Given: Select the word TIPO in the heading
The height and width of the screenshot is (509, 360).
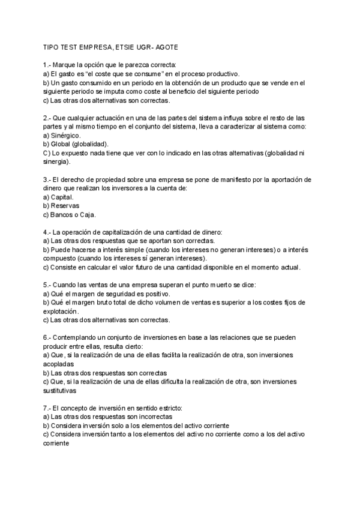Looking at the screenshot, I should (52, 46).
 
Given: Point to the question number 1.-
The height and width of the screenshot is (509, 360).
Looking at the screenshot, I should (47, 64).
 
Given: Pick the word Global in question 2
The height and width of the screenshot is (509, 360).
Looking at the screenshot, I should (62, 145).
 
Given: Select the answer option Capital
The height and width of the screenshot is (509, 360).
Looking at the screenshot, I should (63, 197).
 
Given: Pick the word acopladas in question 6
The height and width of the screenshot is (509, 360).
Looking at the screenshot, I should (59, 364).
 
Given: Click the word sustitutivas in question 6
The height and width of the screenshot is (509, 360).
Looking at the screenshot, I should (62, 390).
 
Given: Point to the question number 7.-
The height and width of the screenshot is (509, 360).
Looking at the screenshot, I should (47, 408).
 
